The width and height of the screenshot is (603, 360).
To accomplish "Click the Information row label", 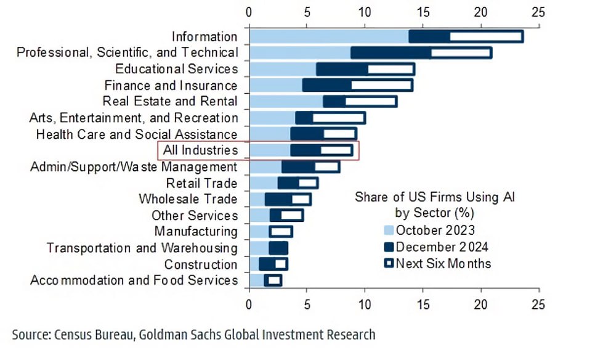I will pyautogui.click(x=204, y=37).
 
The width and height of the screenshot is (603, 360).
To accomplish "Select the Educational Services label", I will pyautogui.click(x=176, y=69).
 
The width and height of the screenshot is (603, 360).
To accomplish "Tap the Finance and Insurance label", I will pyautogui.click(x=171, y=85).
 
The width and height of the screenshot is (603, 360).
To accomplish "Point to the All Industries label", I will pyautogui.click(x=200, y=150).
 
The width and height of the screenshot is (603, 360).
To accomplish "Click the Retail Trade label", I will pyautogui.click(x=201, y=183).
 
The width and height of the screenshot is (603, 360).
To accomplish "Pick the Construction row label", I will pyautogui.click(x=200, y=264).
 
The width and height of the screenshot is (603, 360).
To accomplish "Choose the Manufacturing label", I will pyautogui.click(x=196, y=232).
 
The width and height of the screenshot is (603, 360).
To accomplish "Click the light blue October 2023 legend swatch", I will pyautogui.click(x=389, y=231).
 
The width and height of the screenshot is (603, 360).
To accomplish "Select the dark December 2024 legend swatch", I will pyautogui.click(x=389, y=247).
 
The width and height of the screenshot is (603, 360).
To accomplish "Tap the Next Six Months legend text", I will pyautogui.click(x=443, y=264).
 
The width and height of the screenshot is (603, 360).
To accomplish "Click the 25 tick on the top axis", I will pyautogui.click(x=538, y=11).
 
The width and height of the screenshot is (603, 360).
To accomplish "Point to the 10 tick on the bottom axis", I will pyautogui.click(x=365, y=304).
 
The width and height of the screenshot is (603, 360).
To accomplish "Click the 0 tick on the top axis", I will pyautogui.click(x=249, y=11).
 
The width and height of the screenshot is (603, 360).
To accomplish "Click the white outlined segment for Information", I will pyautogui.click(x=486, y=37).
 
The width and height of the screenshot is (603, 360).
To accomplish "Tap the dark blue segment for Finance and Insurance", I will pyautogui.click(x=326, y=85).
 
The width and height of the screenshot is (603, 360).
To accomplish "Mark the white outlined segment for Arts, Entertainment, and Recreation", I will pyautogui.click(x=338, y=118).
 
